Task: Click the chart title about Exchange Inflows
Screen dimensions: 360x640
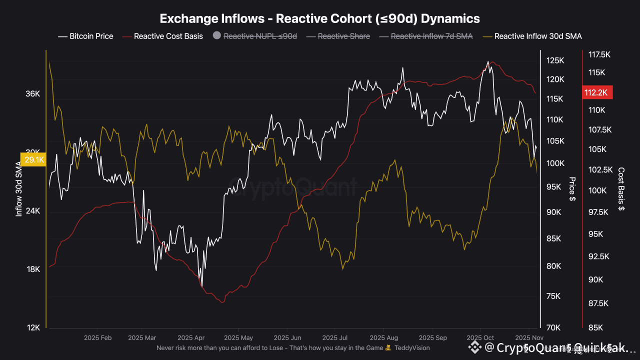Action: pyautogui.click(x=319, y=18)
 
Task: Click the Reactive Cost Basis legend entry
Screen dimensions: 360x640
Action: pyautogui.click(x=168, y=36)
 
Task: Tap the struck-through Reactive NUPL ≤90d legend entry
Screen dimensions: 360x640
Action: pyautogui.click(x=260, y=36)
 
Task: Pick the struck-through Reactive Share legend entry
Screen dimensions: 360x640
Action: pyautogui.click(x=343, y=36)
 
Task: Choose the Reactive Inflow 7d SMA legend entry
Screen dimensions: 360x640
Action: pyautogui.click(x=431, y=36)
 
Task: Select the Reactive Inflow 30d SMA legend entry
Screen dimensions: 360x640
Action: pyautogui.click(x=538, y=36)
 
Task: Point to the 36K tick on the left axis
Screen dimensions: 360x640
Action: pyautogui.click(x=33, y=94)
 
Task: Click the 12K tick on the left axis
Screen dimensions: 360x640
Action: pyautogui.click(x=33, y=327)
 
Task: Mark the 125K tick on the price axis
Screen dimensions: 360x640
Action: pyautogui.click(x=555, y=60)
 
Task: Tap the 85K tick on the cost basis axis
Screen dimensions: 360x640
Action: pyautogui.click(x=596, y=327)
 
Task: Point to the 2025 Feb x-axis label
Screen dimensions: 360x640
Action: pyautogui.click(x=99, y=338)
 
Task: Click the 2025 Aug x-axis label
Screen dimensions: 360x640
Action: pyautogui.click(x=384, y=338)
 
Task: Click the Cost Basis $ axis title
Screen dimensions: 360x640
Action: pyautogui.click(x=621, y=189)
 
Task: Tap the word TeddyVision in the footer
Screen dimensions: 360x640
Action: pyautogui.click(x=412, y=347)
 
